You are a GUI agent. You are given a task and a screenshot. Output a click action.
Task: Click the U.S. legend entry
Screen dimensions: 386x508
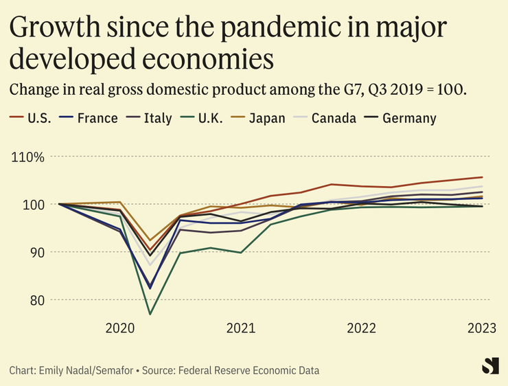coord(32,118)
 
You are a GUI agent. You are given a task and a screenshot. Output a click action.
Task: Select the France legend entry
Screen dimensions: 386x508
coord(89,118)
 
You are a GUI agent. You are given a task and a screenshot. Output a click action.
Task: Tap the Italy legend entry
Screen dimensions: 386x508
coord(152,118)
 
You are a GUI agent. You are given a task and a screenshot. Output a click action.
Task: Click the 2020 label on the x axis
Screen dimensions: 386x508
coord(119,328)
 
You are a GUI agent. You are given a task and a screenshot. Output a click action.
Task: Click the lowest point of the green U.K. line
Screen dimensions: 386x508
coord(150,315)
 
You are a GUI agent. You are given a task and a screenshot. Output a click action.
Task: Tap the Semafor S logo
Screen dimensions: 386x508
coord(490,366)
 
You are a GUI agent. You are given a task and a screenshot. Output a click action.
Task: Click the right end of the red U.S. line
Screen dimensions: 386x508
coord(482,177)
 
